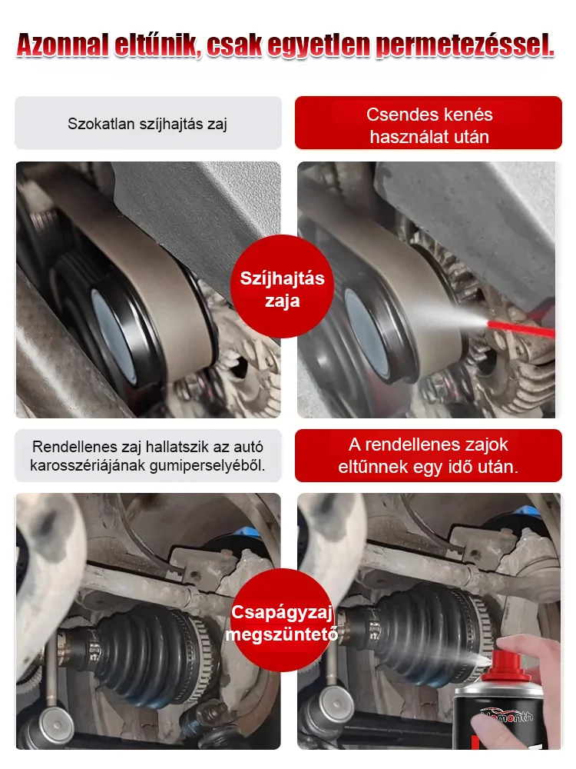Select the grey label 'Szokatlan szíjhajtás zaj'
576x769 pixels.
(147, 123)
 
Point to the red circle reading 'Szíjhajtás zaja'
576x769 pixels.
(283, 288)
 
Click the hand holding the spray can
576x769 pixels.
(541, 677)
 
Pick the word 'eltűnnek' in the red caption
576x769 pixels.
(370, 465)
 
